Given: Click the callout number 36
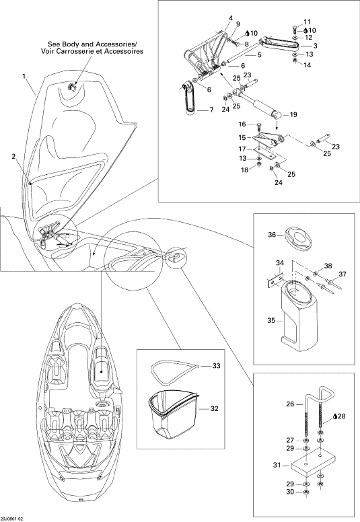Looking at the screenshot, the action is [x=272, y=235].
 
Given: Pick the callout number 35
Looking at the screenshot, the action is [x=271, y=320].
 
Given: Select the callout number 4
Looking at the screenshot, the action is [x=231, y=17].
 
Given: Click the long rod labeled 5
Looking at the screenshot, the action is [x=242, y=52].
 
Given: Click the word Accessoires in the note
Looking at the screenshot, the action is [x=124, y=51].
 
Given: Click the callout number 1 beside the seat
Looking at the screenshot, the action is [x=24, y=76].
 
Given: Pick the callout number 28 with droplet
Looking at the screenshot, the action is [x=339, y=416].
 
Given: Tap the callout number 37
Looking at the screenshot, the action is [x=343, y=274].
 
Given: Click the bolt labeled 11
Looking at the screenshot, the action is [x=295, y=30].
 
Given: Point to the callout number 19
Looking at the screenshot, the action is [x=293, y=115].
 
